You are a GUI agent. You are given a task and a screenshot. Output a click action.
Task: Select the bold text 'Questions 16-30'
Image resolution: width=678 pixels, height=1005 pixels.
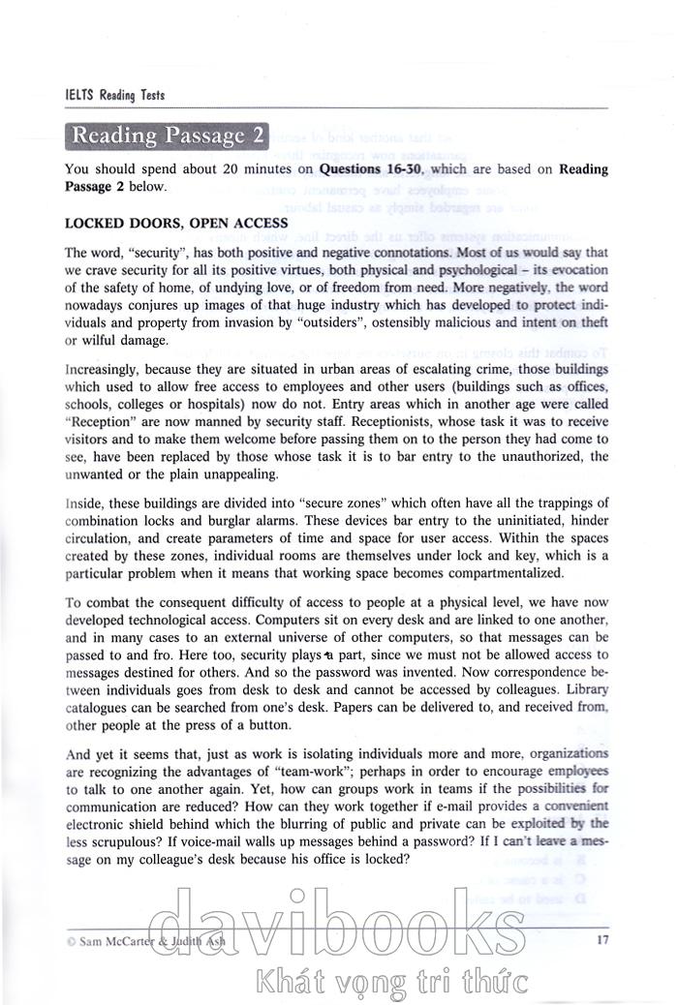(x=372, y=169)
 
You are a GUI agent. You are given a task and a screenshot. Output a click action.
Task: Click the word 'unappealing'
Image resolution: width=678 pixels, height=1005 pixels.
(x=234, y=475)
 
